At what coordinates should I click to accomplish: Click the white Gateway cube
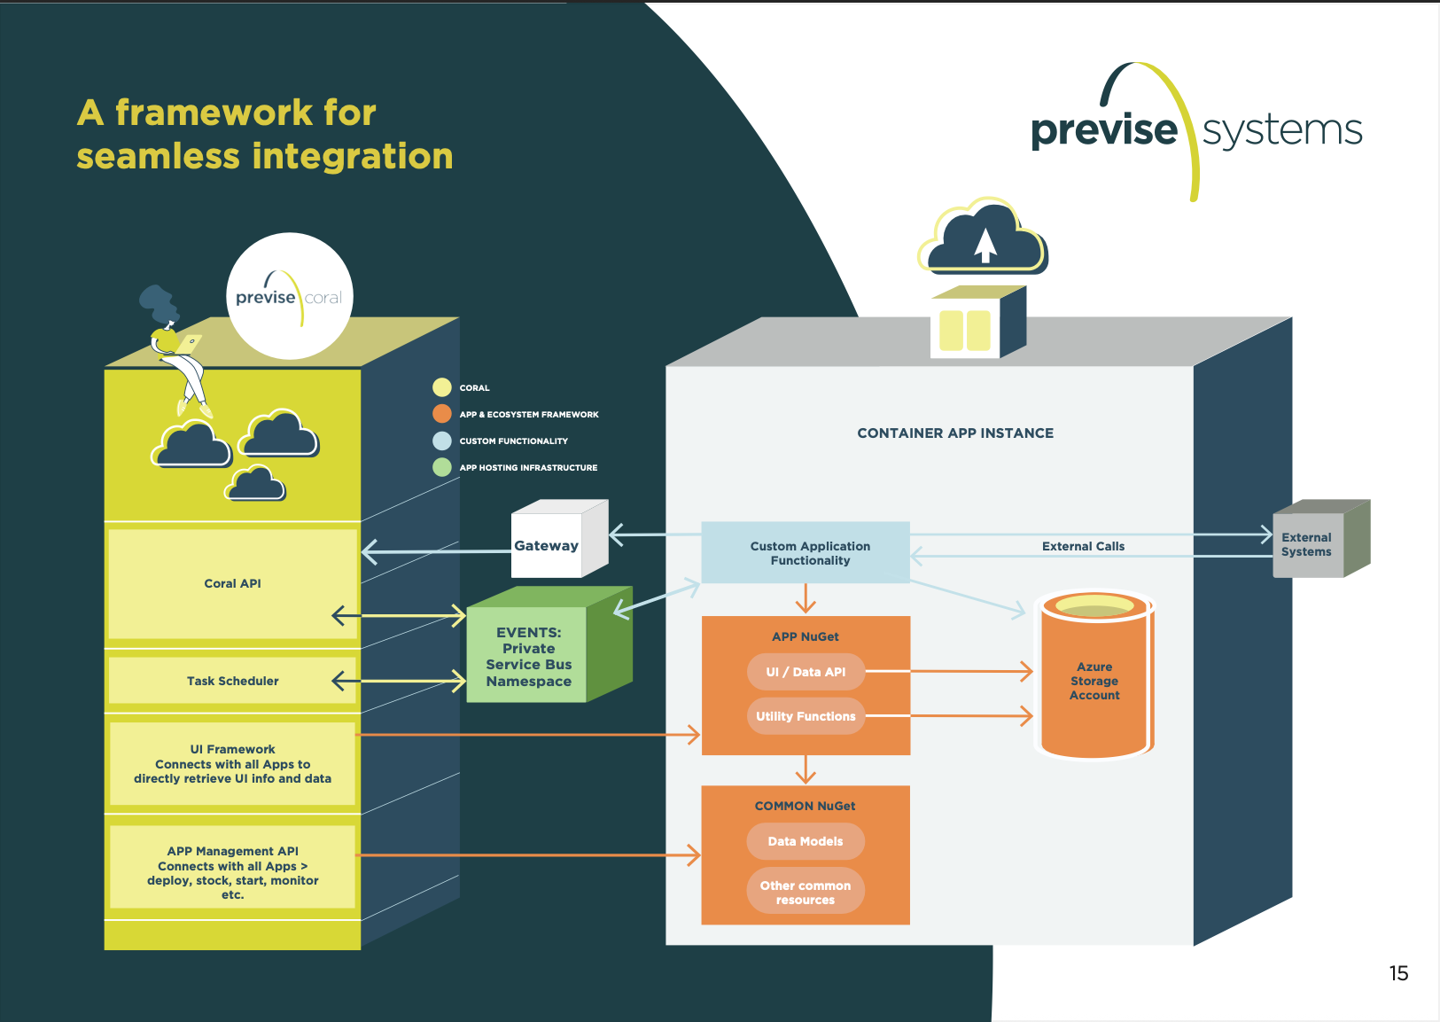(x=558, y=539)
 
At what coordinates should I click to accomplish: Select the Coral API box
(x=233, y=583)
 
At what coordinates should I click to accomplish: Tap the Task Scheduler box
(x=233, y=681)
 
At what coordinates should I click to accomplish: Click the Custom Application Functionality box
(x=806, y=552)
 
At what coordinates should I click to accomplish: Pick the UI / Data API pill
(x=806, y=672)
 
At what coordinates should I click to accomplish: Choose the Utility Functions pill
(x=806, y=716)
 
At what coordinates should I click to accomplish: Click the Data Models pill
(x=806, y=841)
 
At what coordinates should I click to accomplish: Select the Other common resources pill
(x=806, y=892)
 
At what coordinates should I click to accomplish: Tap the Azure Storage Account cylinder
(x=1094, y=675)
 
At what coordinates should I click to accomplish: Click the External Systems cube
(x=1320, y=539)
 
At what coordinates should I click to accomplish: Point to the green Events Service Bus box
(x=549, y=644)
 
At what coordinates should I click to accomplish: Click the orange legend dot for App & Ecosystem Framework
(x=442, y=414)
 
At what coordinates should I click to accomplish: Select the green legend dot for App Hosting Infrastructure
(x=442, y=467)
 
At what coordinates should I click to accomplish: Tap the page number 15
(x=1399, y=973)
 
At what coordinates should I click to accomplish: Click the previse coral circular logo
(x=290, y=296)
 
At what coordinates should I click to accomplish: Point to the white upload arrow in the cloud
(x=985, y=246)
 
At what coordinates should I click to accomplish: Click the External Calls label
(x=1083, y=546)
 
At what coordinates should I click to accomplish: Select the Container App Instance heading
(x=955, y=433)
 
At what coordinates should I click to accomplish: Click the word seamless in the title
(x=158, y=156)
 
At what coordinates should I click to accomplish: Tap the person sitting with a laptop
(x=174, y=350)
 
